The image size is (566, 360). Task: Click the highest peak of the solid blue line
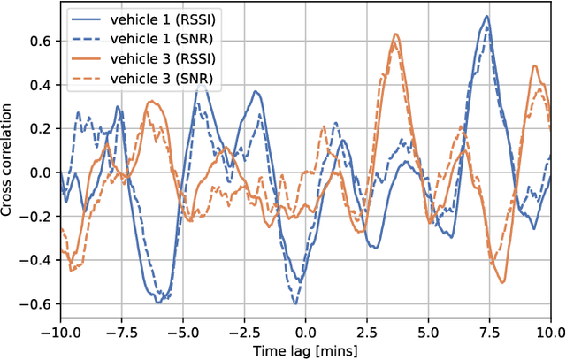pos(486,16)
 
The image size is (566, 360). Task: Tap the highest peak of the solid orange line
pos(395,34)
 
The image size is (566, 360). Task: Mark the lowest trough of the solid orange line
pos(501,282)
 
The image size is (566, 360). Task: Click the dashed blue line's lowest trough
pos(294,303)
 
